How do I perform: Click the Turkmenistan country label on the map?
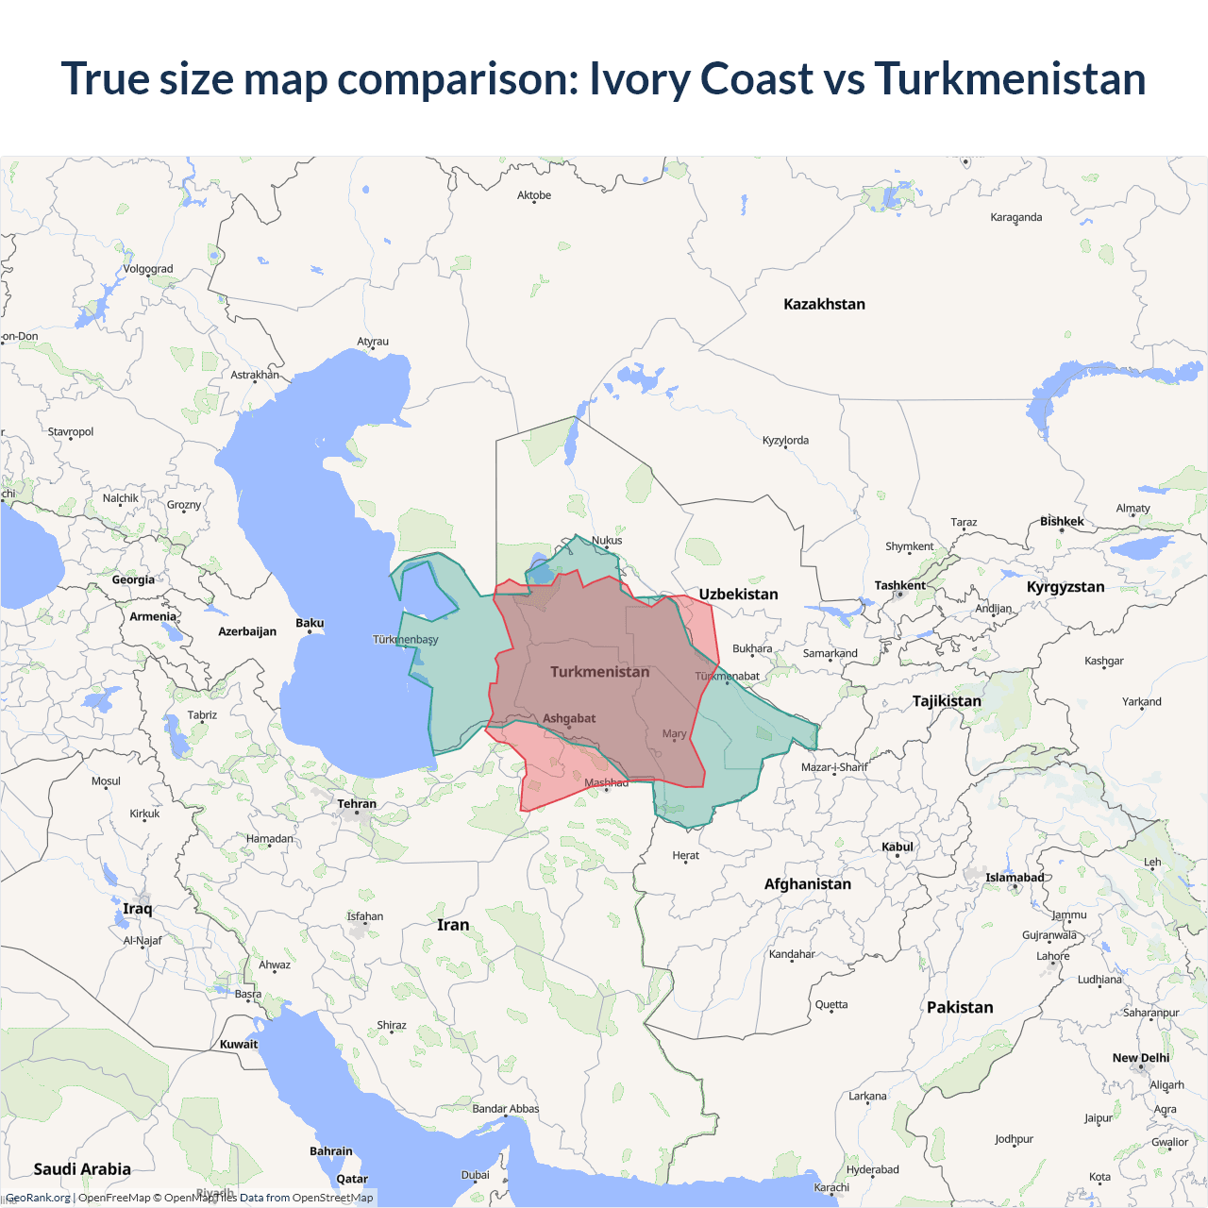pos(600,672)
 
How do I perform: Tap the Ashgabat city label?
pos(569,718)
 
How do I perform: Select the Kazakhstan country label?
pos(824,304)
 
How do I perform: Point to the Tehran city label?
pos(357,804)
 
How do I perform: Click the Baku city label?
pos(310,623)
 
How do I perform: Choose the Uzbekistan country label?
pos(738,595)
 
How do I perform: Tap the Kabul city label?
pos(898,847)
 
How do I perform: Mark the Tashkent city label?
pos(899,585)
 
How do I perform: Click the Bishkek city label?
pos(1062,521)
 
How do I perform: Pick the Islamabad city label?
pos(1015,878)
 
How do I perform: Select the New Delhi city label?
pos(1140,1058)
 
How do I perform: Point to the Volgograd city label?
pos(148,269)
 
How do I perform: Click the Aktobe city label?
pos(534,195)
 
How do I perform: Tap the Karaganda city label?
pos(1016,217)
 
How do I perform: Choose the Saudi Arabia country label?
pos(82,1169)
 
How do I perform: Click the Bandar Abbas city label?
pos(506,1109)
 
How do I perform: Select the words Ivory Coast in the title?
pos(701,78)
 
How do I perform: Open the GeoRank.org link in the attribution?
pos(39,1198)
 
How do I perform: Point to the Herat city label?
pos(686,856)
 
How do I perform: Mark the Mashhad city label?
pos(606,782)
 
